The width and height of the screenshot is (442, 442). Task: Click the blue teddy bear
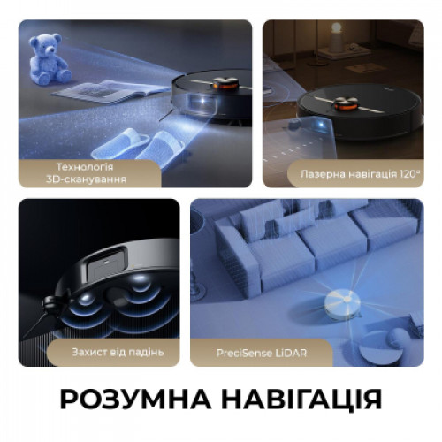pyautogui.click(x=49, y=59)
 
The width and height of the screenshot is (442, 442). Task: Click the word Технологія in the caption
pyautogui.click(x=85, y=167)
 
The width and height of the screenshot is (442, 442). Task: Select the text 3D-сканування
pyautogui.click(x=86, y=179)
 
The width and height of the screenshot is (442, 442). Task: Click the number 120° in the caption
pyautogui.click(x=410, y=174)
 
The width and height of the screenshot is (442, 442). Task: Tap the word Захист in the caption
pyautogui.click(x=89, y=352)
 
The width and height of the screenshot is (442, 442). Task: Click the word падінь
pyautogui.click(x=145, y=353)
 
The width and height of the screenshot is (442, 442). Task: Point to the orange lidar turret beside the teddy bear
pyautogui.click(x=225, y=83)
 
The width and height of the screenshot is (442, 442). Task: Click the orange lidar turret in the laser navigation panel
pyautogui.click(x=346, y=103)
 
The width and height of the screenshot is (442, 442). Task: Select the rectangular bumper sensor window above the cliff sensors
pyautogui.click(x=107, y=264)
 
